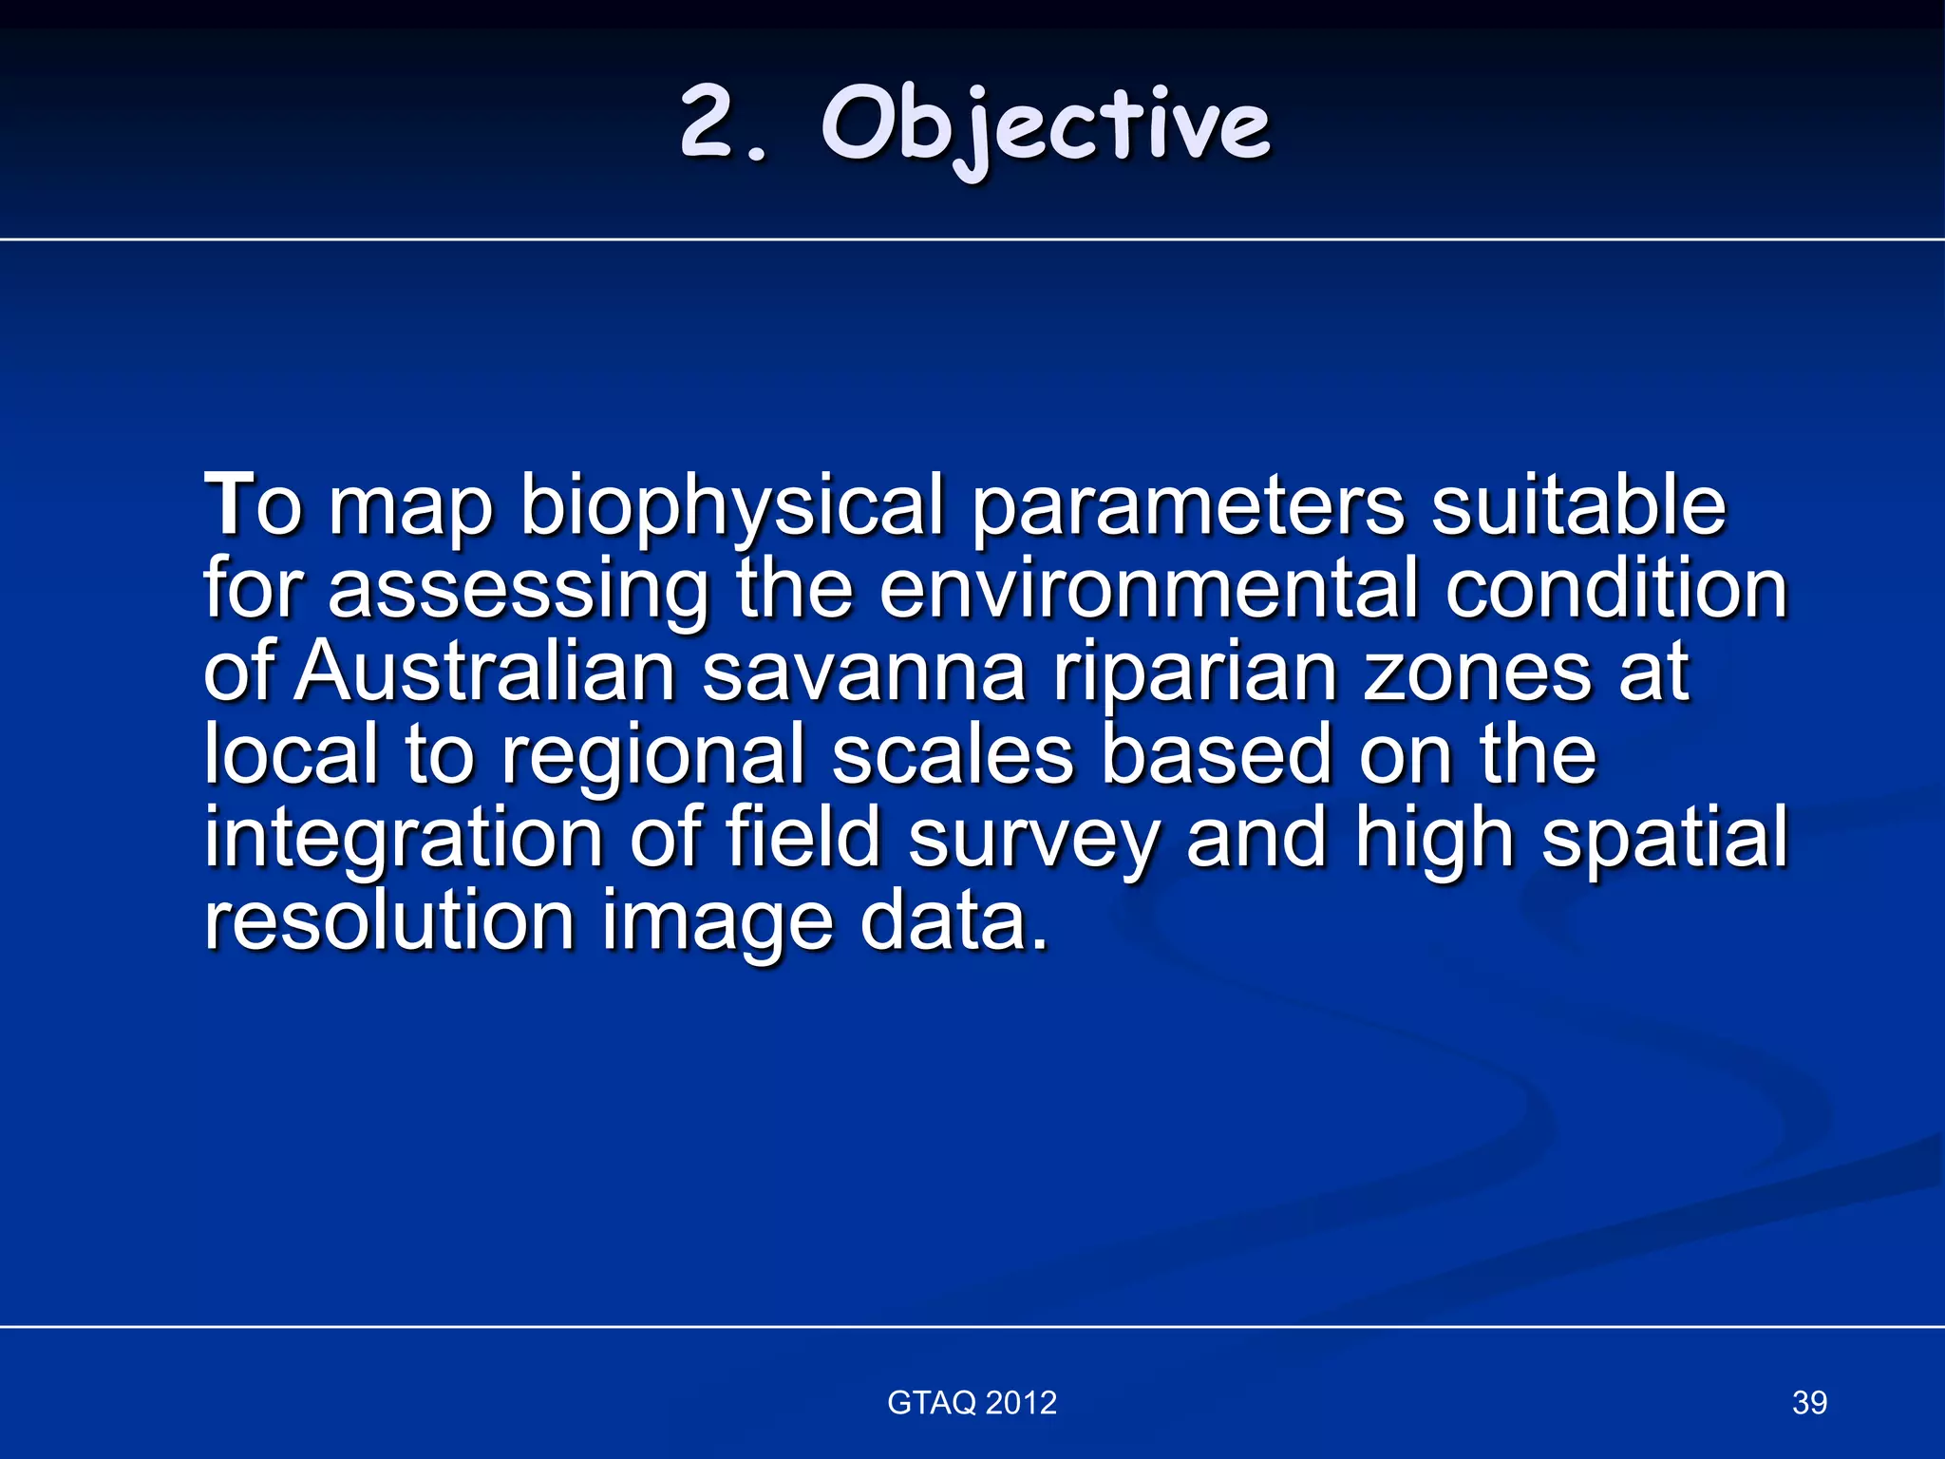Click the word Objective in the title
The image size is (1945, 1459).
coord(1046,125)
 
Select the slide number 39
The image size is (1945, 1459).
coord(1809,1402)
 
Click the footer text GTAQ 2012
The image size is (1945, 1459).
coord(972,1402)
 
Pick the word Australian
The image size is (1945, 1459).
coord(485,673)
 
